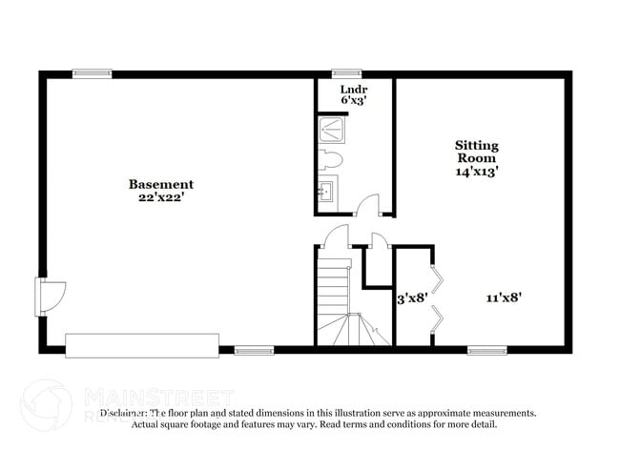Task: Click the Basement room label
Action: [x=161, y=184]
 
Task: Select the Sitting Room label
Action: [x=476, y=152]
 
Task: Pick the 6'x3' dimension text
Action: [x=354, y=99]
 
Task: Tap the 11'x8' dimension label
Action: [x=503, y=297]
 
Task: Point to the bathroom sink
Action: [x=326, y=191]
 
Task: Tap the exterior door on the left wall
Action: [x=47, y=296]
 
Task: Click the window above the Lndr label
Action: [x=346, y=72]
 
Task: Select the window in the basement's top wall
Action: [x=93, y=72]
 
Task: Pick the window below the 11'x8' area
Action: [x=486, y=350]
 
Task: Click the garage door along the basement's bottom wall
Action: [x=142, y=344]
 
